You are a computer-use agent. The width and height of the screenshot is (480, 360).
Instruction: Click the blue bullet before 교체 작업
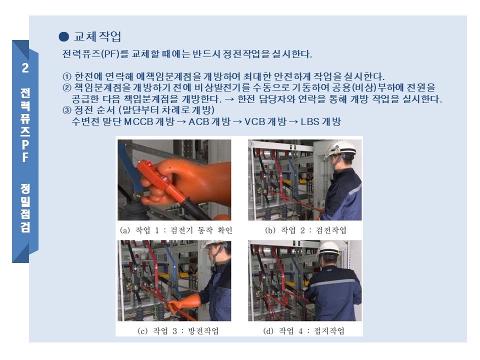63,36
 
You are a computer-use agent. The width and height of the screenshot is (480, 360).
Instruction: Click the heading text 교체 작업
97,36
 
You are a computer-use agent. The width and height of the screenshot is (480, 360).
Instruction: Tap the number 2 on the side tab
25,68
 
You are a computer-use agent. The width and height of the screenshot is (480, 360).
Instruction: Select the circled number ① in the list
66,76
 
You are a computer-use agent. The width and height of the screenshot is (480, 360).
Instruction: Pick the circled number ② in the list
66,88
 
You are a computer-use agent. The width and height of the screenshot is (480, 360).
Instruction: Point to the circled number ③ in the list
66,110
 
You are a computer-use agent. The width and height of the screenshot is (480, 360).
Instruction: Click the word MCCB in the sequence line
138,122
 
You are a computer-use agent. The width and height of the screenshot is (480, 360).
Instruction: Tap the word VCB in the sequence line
254,122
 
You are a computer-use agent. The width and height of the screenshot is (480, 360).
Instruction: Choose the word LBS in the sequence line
310,122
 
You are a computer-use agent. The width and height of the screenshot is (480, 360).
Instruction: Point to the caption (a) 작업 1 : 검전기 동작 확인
175,230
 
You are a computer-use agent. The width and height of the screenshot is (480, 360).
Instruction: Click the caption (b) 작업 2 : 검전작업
305,230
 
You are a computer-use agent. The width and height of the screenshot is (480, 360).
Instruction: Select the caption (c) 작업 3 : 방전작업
178,331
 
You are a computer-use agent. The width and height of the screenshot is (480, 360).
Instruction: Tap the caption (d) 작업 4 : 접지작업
303,331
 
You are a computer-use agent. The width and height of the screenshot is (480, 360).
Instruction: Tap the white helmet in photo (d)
329,248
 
